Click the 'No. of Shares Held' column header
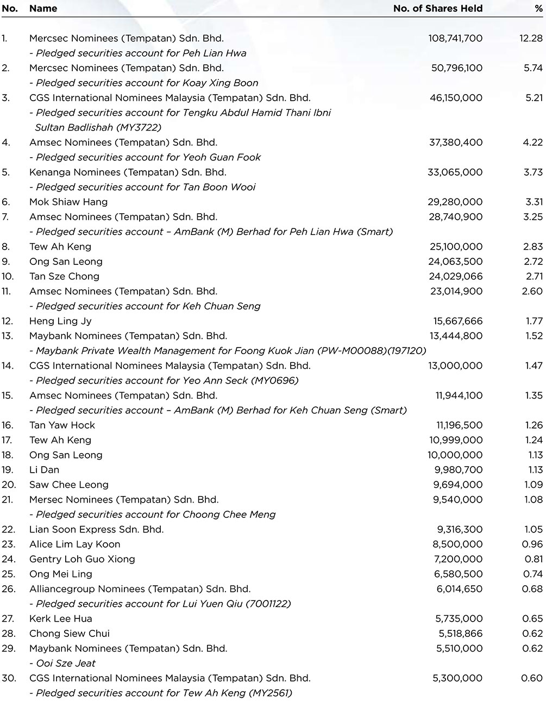[x=438, y=8]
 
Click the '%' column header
[x=538, y=8]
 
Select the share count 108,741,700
[x=455, y=38]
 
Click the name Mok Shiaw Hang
[x=68, y=202]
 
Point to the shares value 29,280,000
[x=455, y=202]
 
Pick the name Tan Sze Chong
[x=64, y=276]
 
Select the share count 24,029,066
[x=455, y=276]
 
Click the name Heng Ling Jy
[x=60, y=321]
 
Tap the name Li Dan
[x=44, y=469]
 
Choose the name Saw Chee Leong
[x=69, y=485]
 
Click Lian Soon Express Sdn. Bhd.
[x=96, y=529]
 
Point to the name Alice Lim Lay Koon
[x=75, y=544]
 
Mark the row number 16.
[x=8, y=425]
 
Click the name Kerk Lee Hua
[x=61, y=618]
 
